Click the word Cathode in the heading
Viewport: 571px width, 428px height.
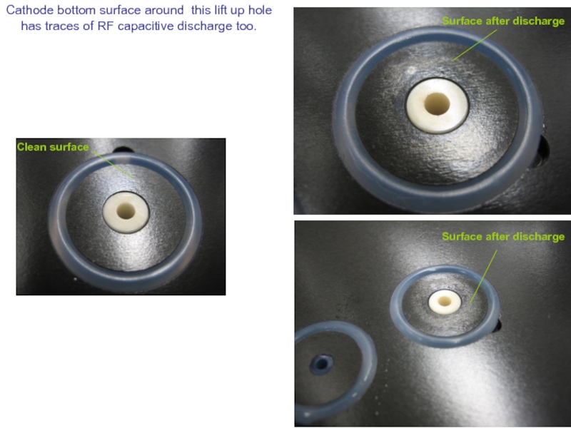[29, 10]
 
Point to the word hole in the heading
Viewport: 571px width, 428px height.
[260, 10]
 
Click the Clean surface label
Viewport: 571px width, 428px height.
[53, 147]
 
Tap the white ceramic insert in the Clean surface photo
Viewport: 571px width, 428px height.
[126, 213]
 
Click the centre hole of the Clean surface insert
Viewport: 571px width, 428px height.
[126, 211]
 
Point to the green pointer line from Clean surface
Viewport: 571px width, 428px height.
[112, 165]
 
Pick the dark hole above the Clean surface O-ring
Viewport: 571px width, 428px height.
[123, 150]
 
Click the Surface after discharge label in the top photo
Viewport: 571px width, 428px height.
[503, 21]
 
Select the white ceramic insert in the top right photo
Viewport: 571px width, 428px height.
[437, 106]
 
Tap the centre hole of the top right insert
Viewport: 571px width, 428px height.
[437, 103]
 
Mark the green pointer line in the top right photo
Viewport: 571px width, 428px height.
[474, 45]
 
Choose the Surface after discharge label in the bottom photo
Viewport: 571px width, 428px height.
[503, 237]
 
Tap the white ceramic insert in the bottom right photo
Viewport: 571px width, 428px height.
[445, 302]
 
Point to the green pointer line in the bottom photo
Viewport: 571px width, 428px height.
[484, 277]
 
